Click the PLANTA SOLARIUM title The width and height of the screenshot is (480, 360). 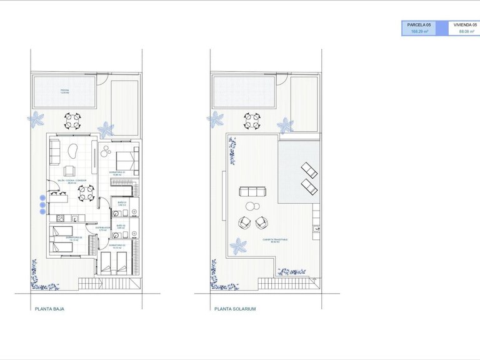(x=234, y=309)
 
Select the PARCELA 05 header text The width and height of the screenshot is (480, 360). (x=418, y=24)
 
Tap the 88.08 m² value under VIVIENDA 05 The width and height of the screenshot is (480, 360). (x=467, y=31)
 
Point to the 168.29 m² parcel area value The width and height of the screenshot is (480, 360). (x=418, y=31)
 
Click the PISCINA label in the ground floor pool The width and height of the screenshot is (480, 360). (x=64, y=91)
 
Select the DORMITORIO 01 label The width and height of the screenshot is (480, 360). (x=117, y=172)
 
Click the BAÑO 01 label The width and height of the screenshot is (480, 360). (x=122, y=204)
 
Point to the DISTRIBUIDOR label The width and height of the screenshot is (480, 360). (x=103, y=228)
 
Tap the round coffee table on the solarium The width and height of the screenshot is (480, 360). (x=251, y=206)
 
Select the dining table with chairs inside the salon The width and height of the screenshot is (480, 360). (x=86, y=192)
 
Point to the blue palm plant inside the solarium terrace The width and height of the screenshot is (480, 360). (x=237, y=246)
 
